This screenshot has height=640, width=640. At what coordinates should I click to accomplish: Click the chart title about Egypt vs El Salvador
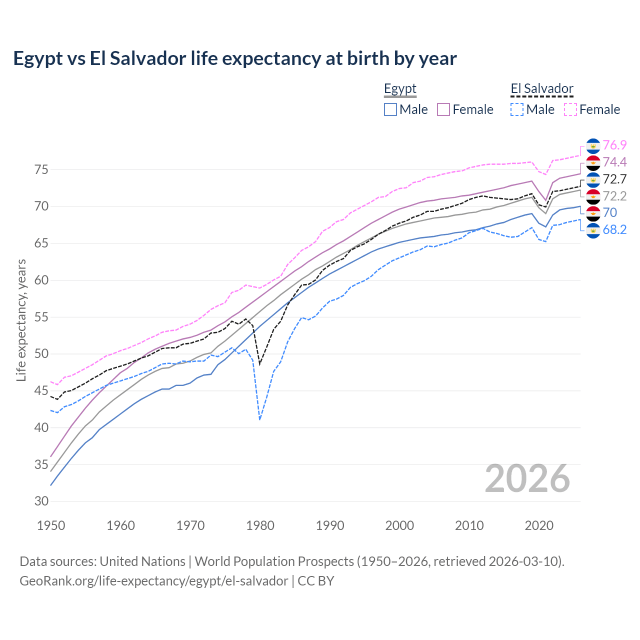tap(234, 58)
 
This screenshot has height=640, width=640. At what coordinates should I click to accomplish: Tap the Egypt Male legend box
tap(390, 109)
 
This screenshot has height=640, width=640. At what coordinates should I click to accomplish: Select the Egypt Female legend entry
tap(465, 109)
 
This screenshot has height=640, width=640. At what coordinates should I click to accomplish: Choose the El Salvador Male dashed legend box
tap(517, 109)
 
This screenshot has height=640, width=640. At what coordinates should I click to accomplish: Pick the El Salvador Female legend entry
tap(592, 109)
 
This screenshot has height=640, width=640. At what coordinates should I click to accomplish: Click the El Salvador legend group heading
tap(541, 89)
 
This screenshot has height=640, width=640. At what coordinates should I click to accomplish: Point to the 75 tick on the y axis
tap(41, 170)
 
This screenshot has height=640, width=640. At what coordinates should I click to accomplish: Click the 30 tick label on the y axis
tap(41, 501)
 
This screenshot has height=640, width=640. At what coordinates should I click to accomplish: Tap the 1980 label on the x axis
tap(260, 525)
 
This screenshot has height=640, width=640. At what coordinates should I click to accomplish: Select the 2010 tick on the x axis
tap(469, 525)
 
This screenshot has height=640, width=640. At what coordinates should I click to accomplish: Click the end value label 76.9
tap(614, 145)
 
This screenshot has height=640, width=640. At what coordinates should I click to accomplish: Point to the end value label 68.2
tap(614, 229)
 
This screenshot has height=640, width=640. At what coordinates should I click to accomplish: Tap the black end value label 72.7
tap(614, 179)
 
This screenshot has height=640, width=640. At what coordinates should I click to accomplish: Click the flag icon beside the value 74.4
tap(593, 162)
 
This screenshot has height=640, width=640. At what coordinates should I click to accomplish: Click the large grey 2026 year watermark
tap(527, 478)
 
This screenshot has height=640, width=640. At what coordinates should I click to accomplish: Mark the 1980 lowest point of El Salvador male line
tap(260, 419)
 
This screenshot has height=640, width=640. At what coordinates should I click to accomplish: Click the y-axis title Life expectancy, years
tap(21, 320)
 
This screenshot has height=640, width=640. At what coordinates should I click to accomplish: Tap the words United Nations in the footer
tap(142, 561)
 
